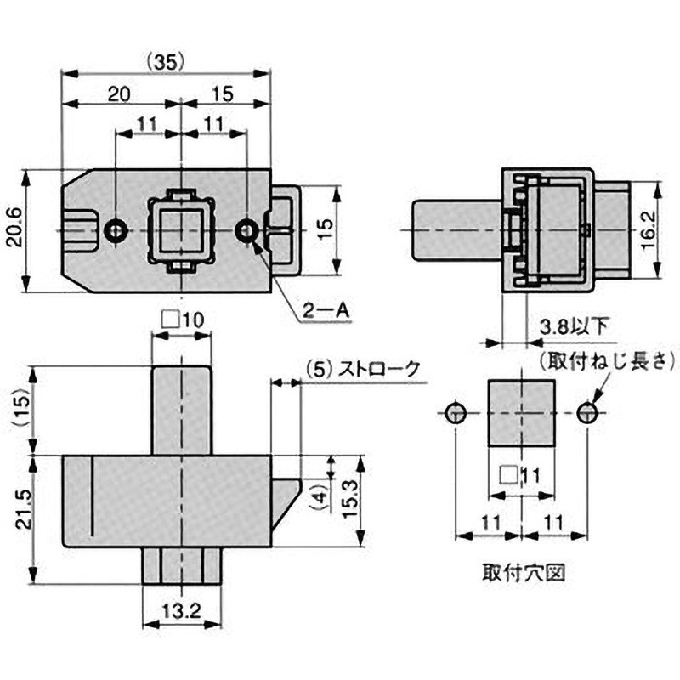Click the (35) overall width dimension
tap(166, 61)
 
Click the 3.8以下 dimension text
tap(575, 326)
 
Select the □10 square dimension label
tap(182, 320)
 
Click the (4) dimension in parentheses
tap(317, 496)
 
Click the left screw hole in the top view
tap(116, 231)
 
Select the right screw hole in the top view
tap(246, 231)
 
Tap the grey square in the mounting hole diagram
tap(521, 413)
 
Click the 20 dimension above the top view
tap(122, 93)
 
